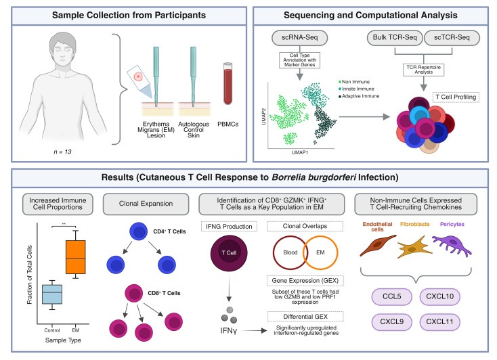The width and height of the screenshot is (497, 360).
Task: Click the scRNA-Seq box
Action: pyautogui.click(x=299, y=38)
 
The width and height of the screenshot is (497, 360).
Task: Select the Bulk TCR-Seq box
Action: pyautogui.click(x=395, y=38)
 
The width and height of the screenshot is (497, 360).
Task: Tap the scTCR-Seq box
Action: pyautogui.click(x=452, y=38)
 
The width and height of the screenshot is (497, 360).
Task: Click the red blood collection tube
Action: pyautogui.click(x=228, y=83)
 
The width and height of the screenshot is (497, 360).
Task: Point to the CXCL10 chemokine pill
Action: pyautogui.click(x=439, y=296)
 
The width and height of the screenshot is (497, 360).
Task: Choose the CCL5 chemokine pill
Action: pyautogui.click(x=392, y=296)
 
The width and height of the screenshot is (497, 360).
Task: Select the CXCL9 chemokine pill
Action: pyautogui.click(x=392, y=322)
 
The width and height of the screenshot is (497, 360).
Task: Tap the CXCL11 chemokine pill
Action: pyautogui.click(x=439, y=322)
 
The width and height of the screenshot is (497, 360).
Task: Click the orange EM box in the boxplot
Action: pyautogui.click(x=75, y=257)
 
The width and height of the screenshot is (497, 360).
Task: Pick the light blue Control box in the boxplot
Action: pyautogui.click(x=52, y=294)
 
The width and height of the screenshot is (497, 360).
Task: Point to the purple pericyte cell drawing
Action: pyautogui.click(x=452, y=245)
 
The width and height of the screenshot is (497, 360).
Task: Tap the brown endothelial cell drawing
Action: pyautogui.click(x=378, y=245)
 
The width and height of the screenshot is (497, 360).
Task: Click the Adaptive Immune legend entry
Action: pyautogui.click(x=359, y=96)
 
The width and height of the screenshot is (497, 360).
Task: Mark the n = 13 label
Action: pyautogui.click(x=62, y=152)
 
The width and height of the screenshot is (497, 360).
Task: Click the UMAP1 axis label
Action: pyautogui.click(x=299, y=152)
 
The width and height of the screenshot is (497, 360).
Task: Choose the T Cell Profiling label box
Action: pyautogui.click(x=456, y=97)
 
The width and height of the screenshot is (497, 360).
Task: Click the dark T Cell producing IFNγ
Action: pyautogui.click(x=229, y=253)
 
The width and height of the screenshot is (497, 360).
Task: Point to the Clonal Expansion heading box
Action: pyautogui.click(x=146, y=204)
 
